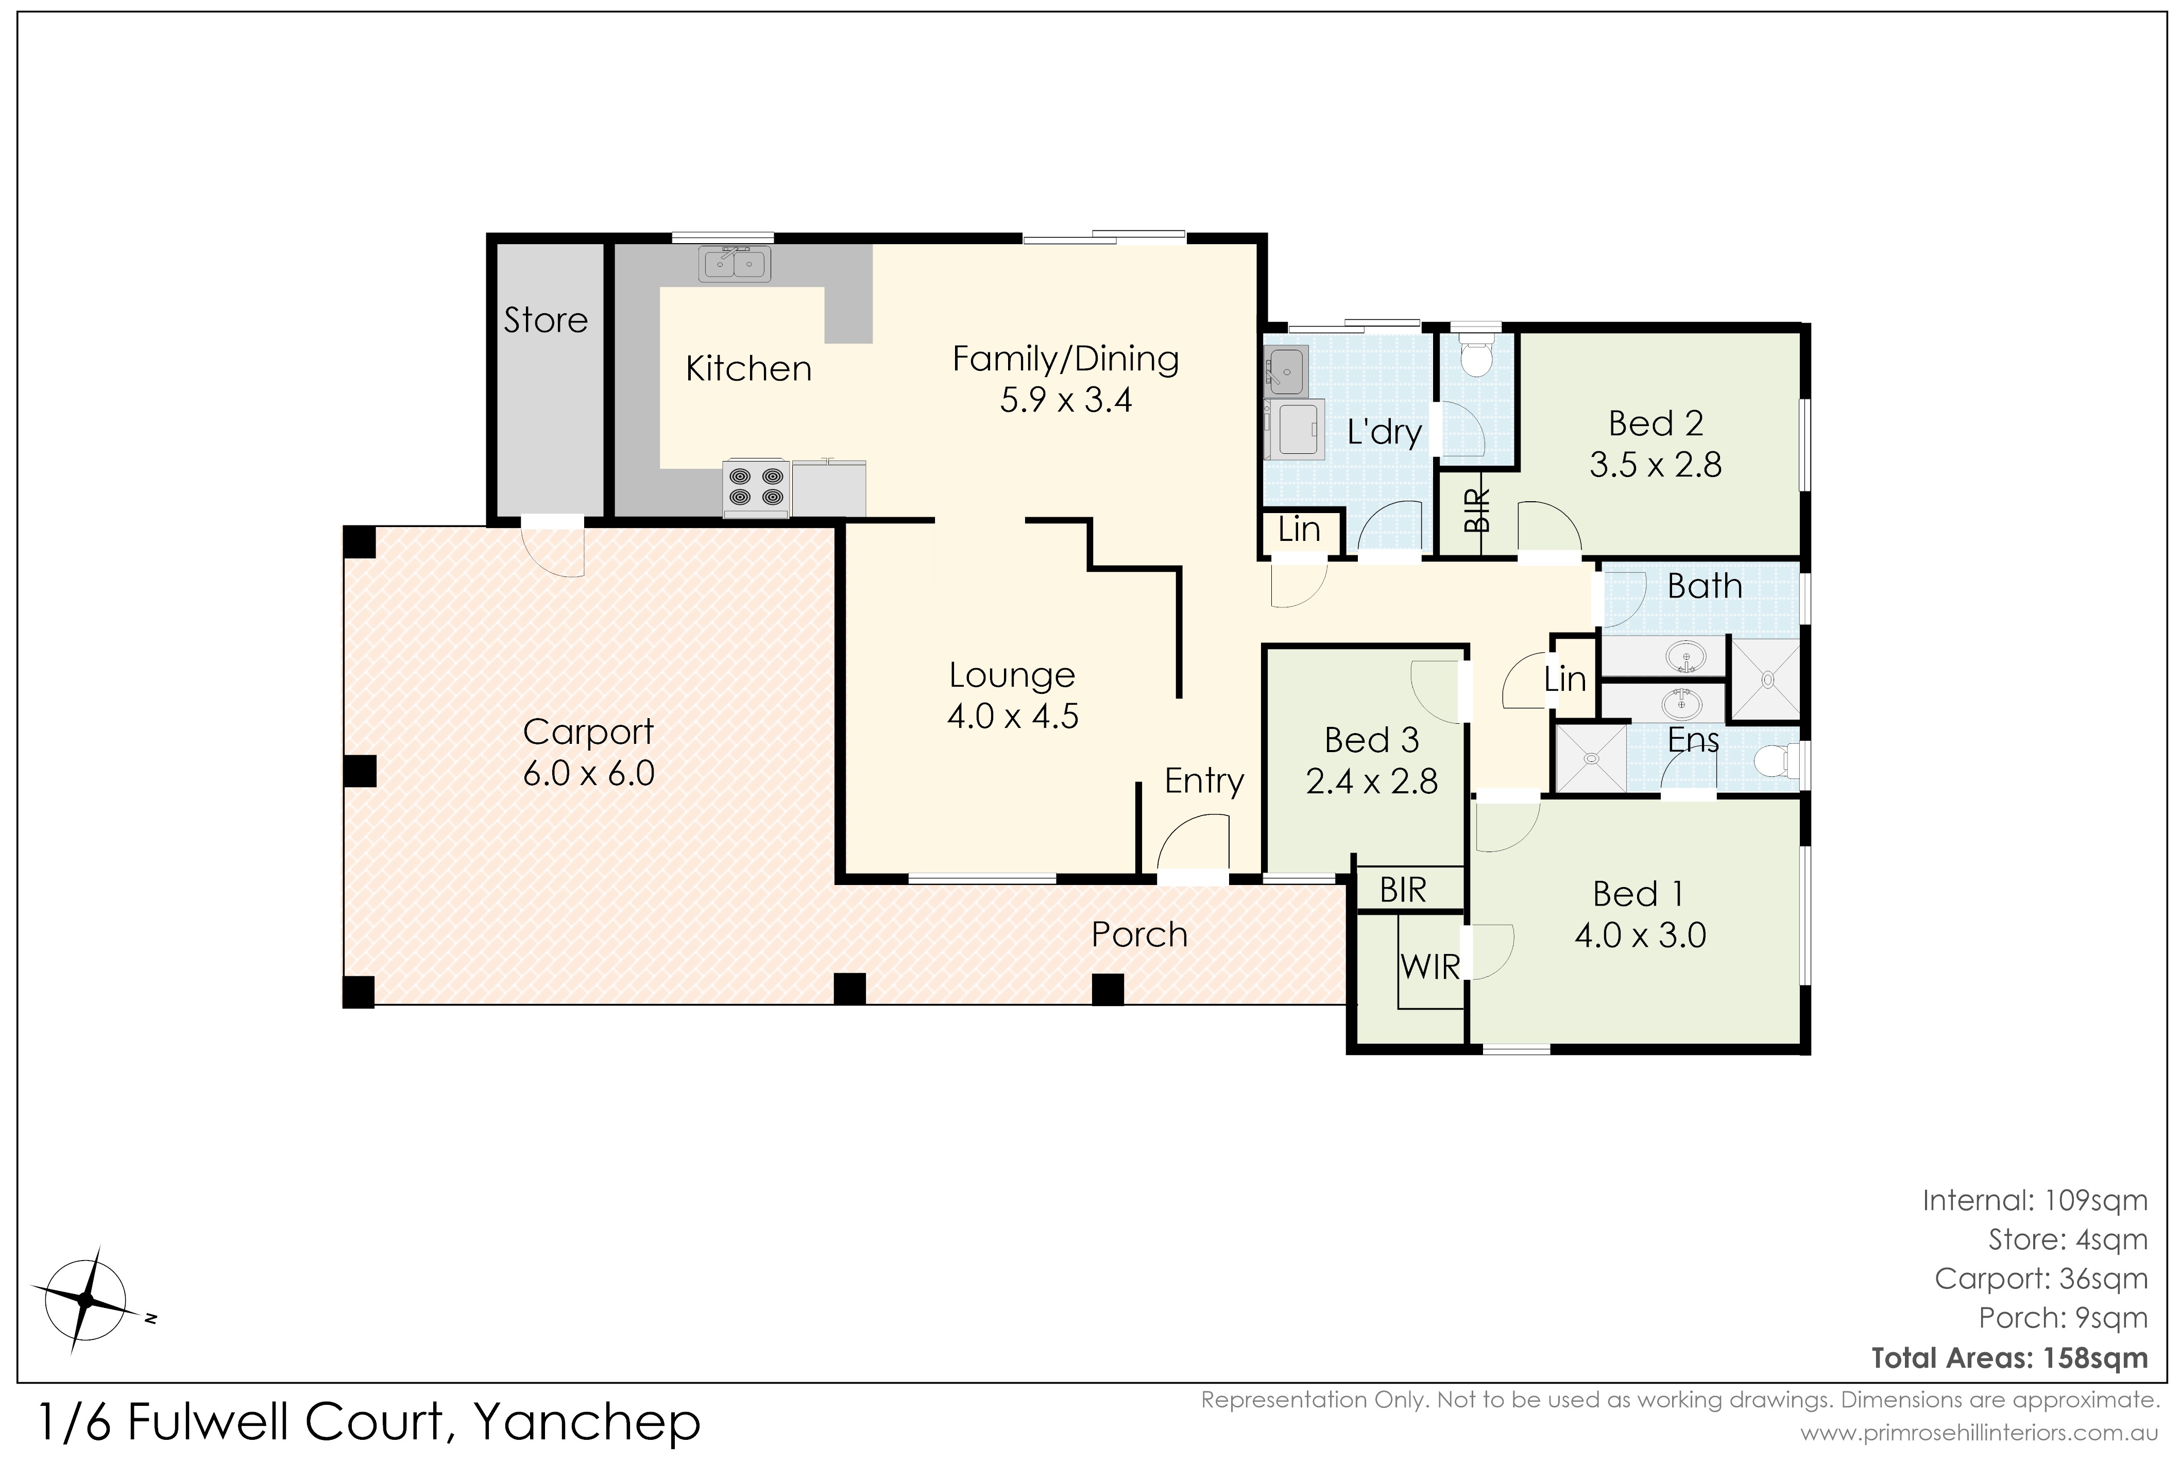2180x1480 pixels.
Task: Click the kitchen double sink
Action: coord(735,264)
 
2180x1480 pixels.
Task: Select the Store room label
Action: coord(546,321)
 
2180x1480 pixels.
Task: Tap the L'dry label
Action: coord(1385,432)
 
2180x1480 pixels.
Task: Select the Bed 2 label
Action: coord(1656,424)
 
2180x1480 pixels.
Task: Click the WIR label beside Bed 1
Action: coord(1430,967)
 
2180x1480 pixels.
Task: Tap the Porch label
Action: coord(1140,935)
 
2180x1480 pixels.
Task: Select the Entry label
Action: coord(1204,780)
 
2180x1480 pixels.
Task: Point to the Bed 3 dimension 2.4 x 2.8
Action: coord(1371,781)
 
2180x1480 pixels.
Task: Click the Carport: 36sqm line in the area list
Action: coord(2041,1279)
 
